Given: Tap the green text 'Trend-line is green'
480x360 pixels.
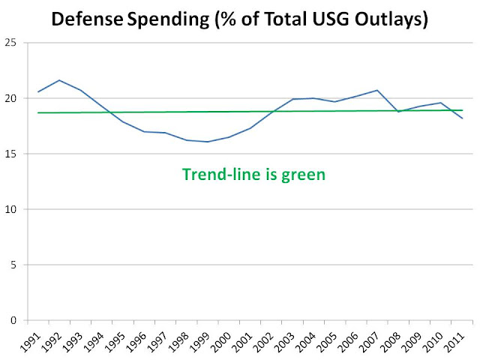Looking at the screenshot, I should (x=253, y=175).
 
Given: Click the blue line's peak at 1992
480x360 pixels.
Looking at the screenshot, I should (x=59, y=80).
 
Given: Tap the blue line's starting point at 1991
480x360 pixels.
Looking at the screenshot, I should (x=38, y=91).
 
